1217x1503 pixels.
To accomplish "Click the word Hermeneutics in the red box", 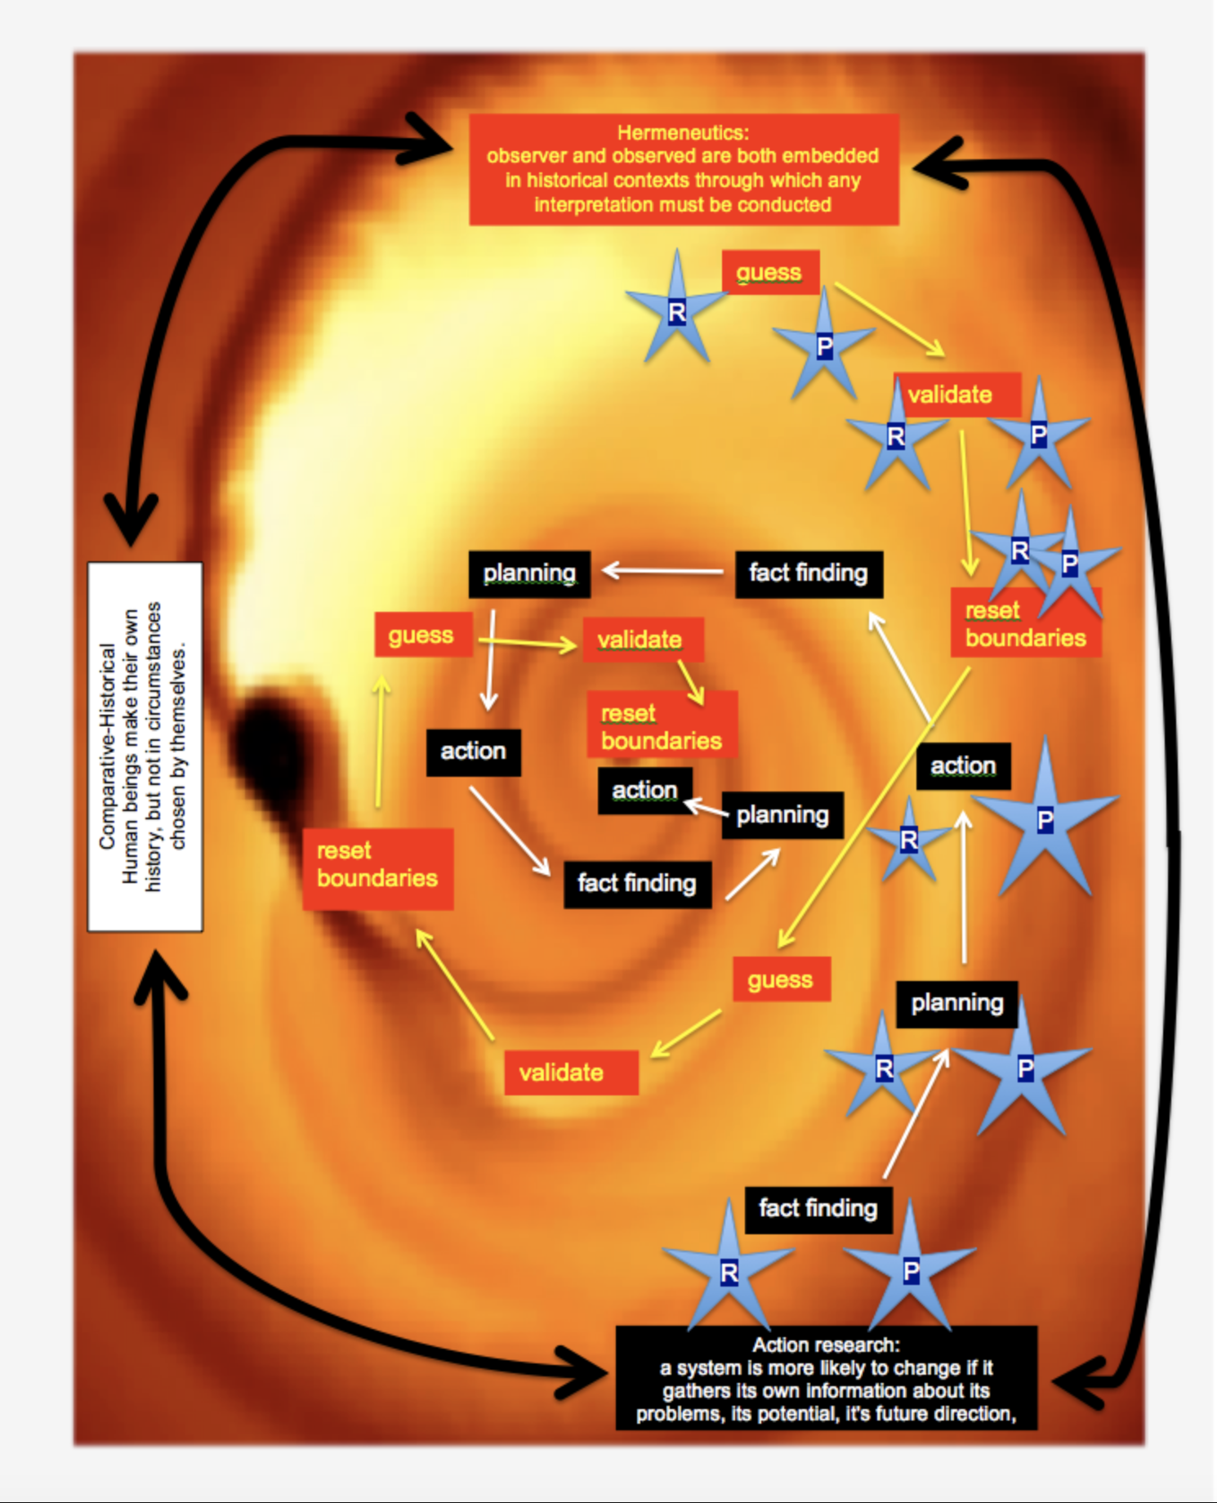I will tap(683, 132).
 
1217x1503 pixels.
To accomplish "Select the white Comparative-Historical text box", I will tap(145, 746).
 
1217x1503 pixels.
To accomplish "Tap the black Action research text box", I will tap(826, 1378).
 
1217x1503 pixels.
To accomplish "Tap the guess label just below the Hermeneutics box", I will tap(769, 272).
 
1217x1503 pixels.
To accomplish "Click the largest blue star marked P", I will tap(1045, 819).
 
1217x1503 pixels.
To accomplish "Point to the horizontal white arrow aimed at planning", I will tap(662, 570).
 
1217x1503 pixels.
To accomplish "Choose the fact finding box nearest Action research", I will tap(818, 1208).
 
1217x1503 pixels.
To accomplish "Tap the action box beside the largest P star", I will tap(963, 766).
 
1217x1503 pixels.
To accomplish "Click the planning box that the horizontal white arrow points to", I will tap(529, 573).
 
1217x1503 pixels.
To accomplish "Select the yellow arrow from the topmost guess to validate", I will tap(889, 319).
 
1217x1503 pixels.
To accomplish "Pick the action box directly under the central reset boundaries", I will tap(644, 790).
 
